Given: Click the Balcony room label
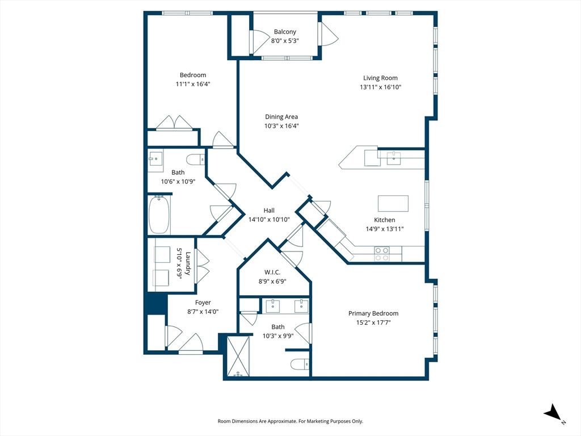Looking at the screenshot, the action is click(285, 32).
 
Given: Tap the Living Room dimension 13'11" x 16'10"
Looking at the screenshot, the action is click(380, 87).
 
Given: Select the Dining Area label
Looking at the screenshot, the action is click(281, 117).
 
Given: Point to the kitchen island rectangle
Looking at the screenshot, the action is click(393, 203).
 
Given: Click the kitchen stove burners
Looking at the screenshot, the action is click(382, 254).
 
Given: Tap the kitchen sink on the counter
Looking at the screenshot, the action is click(394, 158).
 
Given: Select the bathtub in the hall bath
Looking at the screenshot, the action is click(159, 215).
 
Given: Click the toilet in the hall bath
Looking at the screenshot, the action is click(196, 160).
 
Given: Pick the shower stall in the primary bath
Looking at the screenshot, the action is click(238, 356).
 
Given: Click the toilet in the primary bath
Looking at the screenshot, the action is click(300, 364).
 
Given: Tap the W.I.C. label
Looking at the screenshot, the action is click(272, 272).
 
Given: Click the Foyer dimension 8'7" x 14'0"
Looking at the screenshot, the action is click(203, 312).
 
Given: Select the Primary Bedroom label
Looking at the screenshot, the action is click(373, 313).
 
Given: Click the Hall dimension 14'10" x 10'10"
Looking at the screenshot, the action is click(269, 220).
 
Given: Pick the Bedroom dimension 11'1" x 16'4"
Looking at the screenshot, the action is click(193, 84).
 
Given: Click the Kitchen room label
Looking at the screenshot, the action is click(385, 220).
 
